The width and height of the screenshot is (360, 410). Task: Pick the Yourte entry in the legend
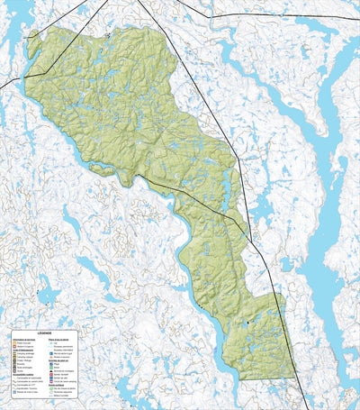pyautogui.click(x=13, y=371)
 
